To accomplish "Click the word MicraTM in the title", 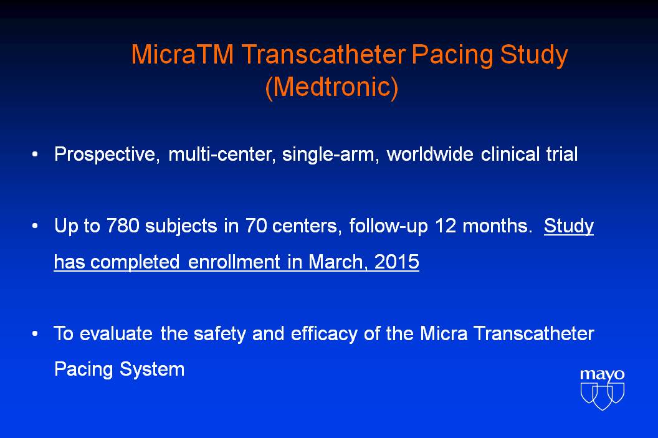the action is [x=182, y=55].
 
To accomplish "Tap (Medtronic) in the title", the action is [x=331, y=87].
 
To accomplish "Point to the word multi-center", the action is [x=222, y=155].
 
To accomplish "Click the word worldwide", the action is [x=430, y=154].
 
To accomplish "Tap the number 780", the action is [x=123, y=226].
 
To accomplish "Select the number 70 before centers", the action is [x=256, y=226].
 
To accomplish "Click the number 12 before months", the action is [x=446, y=226].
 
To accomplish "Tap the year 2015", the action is [x=396, y=262].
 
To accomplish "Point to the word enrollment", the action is [x=234, y=262].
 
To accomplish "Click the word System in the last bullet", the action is [x=152, y=369].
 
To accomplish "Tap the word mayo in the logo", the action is [x=602, y=374].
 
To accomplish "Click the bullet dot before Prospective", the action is [x=36, y=155].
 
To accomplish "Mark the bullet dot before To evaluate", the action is [x=36, y=334].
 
